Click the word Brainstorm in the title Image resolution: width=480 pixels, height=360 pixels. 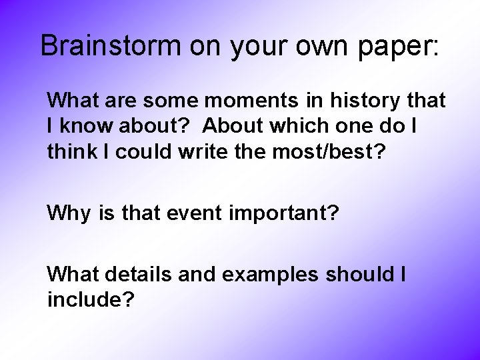click(x=111, y=45)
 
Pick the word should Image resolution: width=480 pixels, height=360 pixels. click(x=360, y=274)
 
